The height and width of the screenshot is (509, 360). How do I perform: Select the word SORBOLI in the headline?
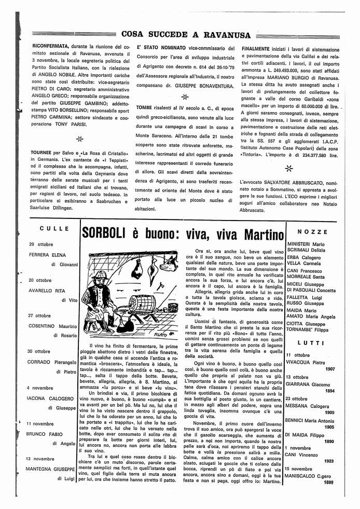coord(104,235)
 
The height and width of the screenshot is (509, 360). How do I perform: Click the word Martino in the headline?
coord(258,235)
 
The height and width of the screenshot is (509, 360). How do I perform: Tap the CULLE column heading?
coord(53,228)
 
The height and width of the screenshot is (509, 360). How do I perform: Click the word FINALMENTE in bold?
coord(259,47)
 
